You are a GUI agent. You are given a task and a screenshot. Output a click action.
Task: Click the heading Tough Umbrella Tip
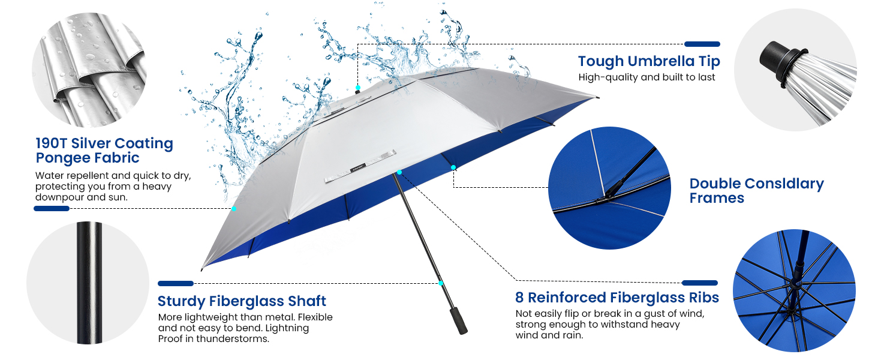(x=649, y=61)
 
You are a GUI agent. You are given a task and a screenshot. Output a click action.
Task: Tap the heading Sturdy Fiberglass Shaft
(x=242, y=301)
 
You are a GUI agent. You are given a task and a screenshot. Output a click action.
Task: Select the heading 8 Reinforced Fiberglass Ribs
(x=617, y=298)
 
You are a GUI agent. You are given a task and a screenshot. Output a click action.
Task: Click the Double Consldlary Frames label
(x=756, y=191)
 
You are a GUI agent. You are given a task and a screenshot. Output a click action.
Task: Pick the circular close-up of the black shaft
(x=88, y=283)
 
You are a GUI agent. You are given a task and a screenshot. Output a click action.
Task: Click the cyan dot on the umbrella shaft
(x=441, y=283)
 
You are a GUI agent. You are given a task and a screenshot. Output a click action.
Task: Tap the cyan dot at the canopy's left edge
(x=234, y=208)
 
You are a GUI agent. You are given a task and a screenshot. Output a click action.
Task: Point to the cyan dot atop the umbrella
(x=358, y=88)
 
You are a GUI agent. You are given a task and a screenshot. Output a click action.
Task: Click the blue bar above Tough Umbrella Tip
(x=702, y=44)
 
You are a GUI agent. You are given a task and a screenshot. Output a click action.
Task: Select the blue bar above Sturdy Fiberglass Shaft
(x=176, y=283)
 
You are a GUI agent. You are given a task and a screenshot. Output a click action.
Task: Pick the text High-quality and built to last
(x=647, y=77)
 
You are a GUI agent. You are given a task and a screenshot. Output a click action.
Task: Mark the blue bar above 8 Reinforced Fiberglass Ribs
(x=700, y=283)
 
